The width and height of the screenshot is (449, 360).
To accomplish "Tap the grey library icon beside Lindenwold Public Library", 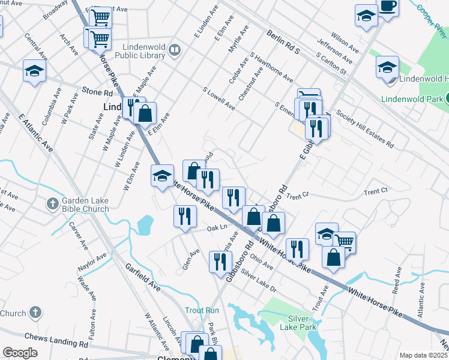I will pyautogui.click(x=175, y=50).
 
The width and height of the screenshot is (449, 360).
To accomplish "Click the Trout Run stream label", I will pyautogui.click(x=202, y=310).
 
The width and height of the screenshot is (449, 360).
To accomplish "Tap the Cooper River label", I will pyautogui.click(x=429, y=19).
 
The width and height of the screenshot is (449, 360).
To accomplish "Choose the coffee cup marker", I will pyautogui.click(x=388, y=7).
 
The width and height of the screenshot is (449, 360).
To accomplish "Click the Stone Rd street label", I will pyautogui.click(x=98, y=93).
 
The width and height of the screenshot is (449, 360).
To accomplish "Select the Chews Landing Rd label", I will pyautogui.click(x=56, y=340).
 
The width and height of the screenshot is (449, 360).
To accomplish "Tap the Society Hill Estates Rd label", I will pyautogui.click(x=365, y=129).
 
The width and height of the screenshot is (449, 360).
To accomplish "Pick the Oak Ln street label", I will pyautogui.click(x=218, y=227).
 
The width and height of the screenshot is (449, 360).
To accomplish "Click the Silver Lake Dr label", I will pyautogui.click(x=258, y=280).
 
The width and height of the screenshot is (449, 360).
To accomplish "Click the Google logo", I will pyautogui.click(x=20, y=353).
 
